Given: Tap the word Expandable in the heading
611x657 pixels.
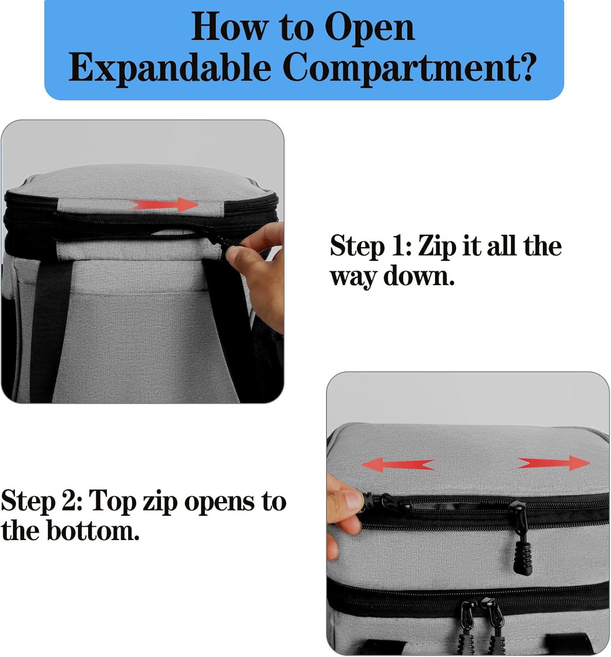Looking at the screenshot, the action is click(170, 68).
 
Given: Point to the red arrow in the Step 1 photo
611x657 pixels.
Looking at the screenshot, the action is click(164, 205).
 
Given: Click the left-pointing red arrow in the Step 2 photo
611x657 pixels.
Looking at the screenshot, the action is click(398, 465).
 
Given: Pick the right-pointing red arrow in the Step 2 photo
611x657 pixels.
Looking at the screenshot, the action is click(554, 463).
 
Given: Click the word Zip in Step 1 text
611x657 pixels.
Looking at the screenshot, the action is click(437, 247).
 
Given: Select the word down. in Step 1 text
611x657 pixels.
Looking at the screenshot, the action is click(419, 276).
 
